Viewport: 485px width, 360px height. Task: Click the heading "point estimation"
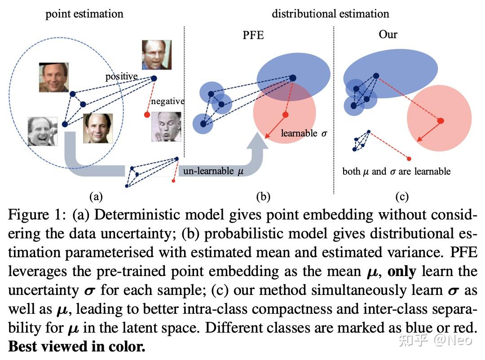click(x=84, y=14)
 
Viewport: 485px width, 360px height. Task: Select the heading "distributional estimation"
click(x=331, y=14)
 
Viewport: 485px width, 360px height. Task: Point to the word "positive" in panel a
click(x=121, y=76)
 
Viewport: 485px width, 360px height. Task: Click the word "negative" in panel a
click(x=168, y=101)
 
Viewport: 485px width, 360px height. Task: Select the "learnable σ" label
click(x=304, y=133)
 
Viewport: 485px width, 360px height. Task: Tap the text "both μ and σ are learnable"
click(x=397, y=171)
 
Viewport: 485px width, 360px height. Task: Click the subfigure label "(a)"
click(x=96, y=196)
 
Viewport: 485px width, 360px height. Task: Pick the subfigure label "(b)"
click(x=263, y=196)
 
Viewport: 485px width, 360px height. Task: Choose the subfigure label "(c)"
click(x=401, y=196)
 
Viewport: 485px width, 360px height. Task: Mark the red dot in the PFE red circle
click(x=285, y=115)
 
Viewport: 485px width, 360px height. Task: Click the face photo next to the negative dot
click(x=166, y=127)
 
